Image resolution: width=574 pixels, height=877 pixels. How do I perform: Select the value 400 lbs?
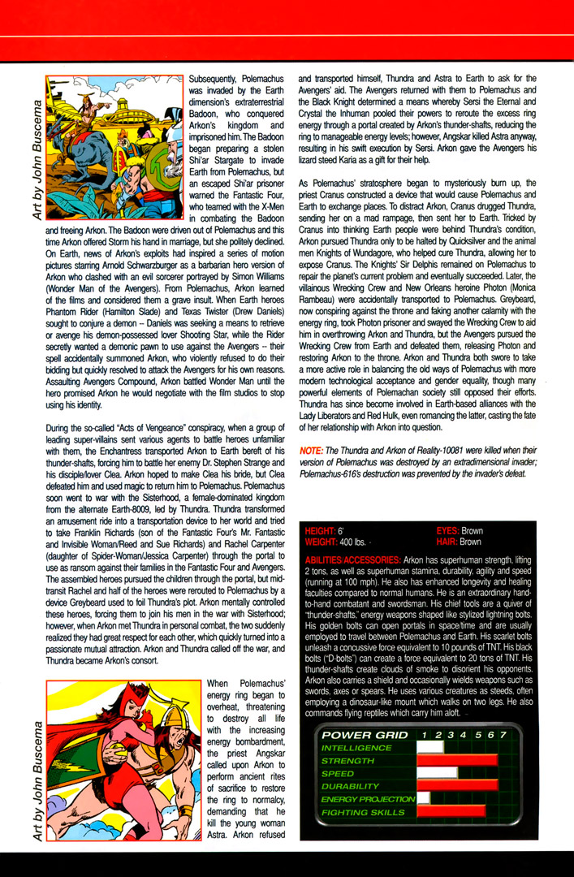pos(352,541)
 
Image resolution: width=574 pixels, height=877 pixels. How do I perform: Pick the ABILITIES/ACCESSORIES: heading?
pos(351,560)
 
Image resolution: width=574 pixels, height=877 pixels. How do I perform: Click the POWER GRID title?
pos(357,734)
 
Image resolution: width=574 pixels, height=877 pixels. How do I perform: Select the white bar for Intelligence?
pos(430,747)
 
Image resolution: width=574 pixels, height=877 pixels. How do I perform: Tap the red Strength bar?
pos(457,761)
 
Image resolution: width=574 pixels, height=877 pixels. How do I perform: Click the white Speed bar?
pos(437,774)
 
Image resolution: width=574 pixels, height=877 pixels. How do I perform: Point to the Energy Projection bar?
pos(423,799)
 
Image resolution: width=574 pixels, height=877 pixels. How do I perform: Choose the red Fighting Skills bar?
pos(451,811)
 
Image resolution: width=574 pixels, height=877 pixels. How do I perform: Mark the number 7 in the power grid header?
pos(503,734)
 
